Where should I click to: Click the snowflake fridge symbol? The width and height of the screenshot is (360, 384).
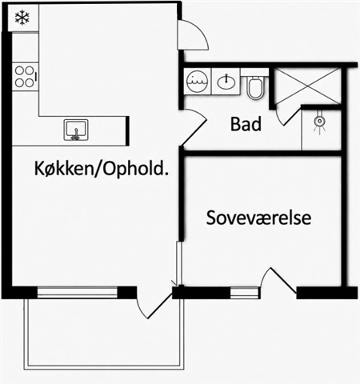pyautogui.click(x=22, y=18)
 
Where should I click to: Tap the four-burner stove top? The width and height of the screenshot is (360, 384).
pyautogui.click(x=25, y=77)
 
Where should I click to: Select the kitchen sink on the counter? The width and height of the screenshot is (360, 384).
pyautogui.click(x=76, y=130)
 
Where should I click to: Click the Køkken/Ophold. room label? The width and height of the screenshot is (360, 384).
pyautogui.click(x=102, y=169)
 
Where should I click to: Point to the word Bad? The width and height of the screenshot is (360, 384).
pyautogui.click(x=246, y=124)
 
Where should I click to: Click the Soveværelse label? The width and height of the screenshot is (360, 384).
pyautogui.click(x=258, y=218)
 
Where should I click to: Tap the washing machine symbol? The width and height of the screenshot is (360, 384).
pyautogui.click(x=198, y=81)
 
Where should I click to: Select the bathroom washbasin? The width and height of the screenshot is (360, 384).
pyautogui.click(x=226, y=82)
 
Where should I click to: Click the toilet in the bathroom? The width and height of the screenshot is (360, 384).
pyautogui.click(x=255, y=86)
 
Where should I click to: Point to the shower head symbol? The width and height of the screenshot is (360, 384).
pyautogui.click(x=319, y=123)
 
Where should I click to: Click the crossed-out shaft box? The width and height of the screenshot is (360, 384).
pyautogui.click(x=308, y=86)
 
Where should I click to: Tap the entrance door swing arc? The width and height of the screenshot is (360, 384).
pyautogui.click(x=198, y=30)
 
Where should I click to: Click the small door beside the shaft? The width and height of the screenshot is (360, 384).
pyautogui.click(x=287, y=116)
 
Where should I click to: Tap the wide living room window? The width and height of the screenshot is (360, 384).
pyautogui.click(x=78, y=292)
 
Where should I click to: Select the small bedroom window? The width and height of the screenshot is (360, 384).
pyautogui.click(x=245, y=293)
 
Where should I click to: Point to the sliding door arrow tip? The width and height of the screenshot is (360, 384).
pyautogui.click(x=174, y=286)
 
